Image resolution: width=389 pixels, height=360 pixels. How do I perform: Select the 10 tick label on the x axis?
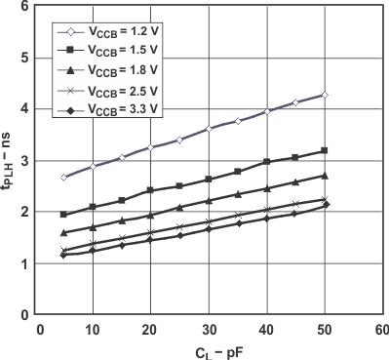coord(92,328)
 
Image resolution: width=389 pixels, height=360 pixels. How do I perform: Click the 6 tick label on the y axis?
coord(22,6)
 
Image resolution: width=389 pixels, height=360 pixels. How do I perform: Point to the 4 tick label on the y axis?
coord(22,109)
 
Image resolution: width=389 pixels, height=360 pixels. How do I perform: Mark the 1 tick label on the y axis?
coord(22,263)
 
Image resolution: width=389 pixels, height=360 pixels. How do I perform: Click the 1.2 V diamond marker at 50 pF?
coord(325,95)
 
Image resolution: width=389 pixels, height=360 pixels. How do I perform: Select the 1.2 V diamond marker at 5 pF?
coord(63,178)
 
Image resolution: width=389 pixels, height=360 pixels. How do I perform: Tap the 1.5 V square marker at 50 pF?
coord(325,150)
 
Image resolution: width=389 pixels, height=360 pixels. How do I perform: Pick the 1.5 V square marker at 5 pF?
coord(63,215)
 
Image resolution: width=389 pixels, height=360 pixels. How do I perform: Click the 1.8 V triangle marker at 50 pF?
coord(325,176)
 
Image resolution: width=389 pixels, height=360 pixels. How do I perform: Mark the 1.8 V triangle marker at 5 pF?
coord(63,233)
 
